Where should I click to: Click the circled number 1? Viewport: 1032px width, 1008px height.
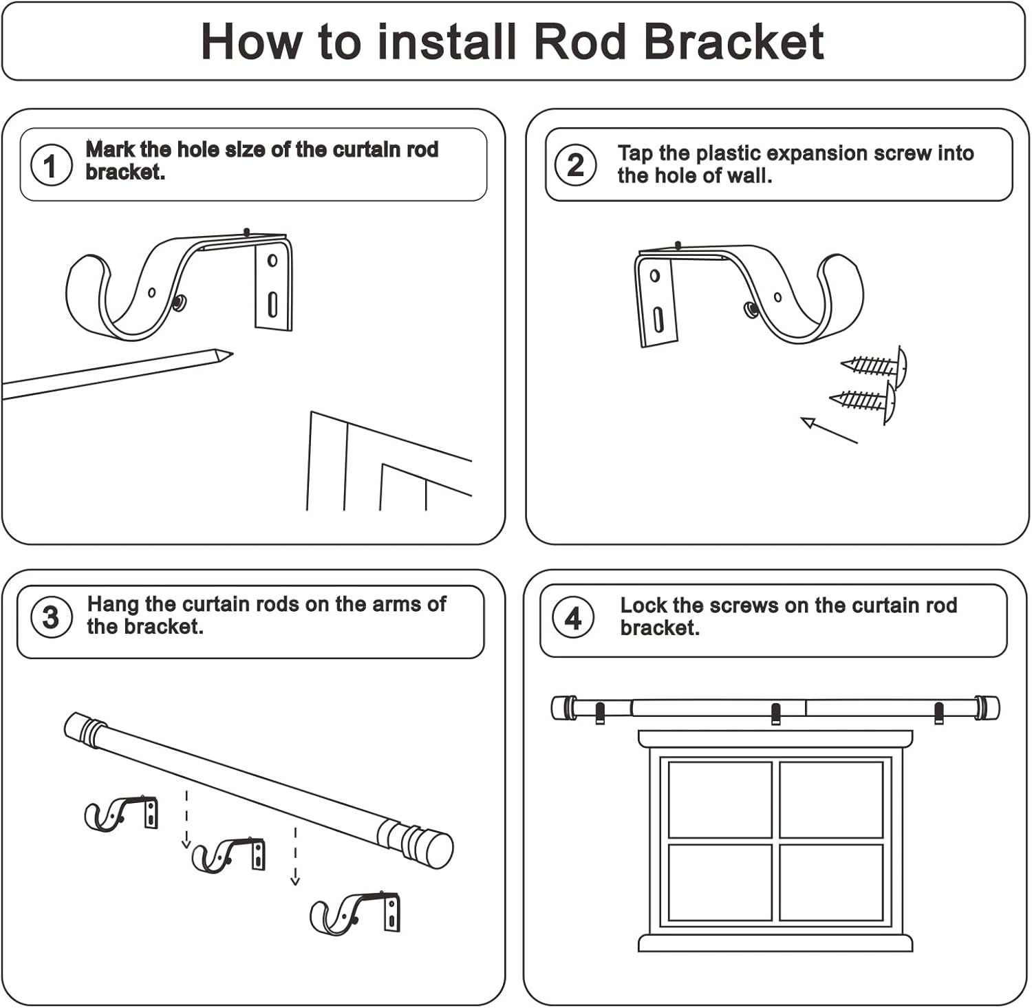pos(50,166)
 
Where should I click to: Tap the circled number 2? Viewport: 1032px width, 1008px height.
pos(575,165)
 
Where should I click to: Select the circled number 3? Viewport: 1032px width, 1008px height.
pos(51,617)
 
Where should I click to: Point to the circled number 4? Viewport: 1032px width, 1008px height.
pos(573,619)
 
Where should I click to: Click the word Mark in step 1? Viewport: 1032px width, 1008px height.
pos(110,149)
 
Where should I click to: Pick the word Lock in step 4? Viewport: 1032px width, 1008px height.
pos(644,605)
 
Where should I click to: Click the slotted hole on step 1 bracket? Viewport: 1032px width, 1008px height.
pos(272,303)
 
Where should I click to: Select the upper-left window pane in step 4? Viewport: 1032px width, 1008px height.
pos(720,799)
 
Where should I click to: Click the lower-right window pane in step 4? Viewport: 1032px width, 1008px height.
pos(831,881)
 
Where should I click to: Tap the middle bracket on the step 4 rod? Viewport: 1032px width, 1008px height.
pos(776,714)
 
